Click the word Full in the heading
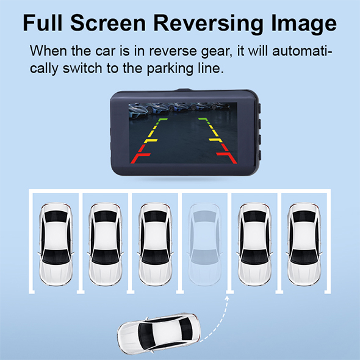[x=43, y=23]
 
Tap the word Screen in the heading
[x=108, y=23]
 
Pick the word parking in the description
[x=170, y=69]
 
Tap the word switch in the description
[x=82, y=68]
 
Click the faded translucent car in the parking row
[x=204, y=244]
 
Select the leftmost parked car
[x=56, y=244]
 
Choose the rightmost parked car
[x=304, y=244]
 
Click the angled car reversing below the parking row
[x=159, y=333]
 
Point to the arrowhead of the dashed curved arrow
[x=227, y=298]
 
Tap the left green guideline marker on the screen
[x=162, y=120]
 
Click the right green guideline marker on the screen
[x=204, y=120]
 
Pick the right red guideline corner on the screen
[x=228, y=157]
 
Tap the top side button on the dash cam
[x=259, y=109]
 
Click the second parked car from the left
[x=106, y=244]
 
